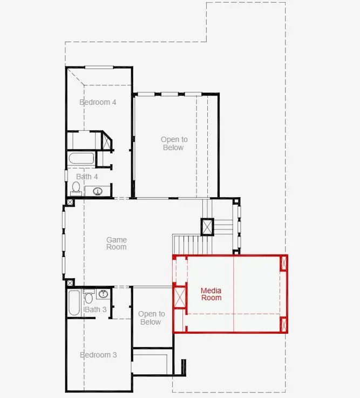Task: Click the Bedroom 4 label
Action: click(98, 102)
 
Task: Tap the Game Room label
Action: click(117, 243)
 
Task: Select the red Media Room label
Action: click(211, 294)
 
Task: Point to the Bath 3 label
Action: click(96, 309)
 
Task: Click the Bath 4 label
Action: click(87, 177)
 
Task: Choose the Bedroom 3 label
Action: click(98, 355)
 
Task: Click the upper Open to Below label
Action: click(174, 144)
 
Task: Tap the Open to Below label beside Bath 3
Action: click(152, 318)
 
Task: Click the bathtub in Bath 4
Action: click(81, 159)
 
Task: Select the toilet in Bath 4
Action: click(76, 188)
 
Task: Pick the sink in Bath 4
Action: click(98, 191)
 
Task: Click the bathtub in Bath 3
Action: click(74, 303)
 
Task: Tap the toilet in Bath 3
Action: click(89, 296)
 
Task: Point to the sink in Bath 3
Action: click(103, 294)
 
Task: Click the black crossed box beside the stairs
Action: click(207, 227)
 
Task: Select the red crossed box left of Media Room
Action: click(180, 297)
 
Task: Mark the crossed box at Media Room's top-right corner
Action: click(284, 263)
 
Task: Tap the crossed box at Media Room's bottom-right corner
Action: click(284, 325)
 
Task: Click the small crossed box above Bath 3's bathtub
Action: click(70, 282)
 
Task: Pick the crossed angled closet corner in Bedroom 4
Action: click(106, 141)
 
